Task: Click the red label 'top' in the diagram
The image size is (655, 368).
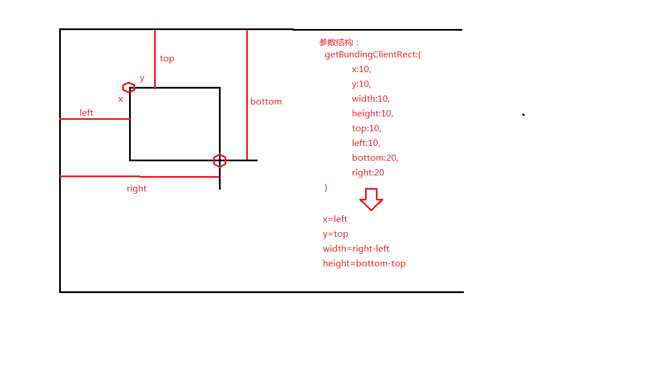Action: click(167, 58)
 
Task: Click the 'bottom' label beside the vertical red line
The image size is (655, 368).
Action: click(266, 102)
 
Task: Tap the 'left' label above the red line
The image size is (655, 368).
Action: click(86, 113)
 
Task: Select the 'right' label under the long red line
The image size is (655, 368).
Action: click(136, 189)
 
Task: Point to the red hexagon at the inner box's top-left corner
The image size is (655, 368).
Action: click(129, 87)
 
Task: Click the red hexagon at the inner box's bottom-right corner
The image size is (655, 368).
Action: click(219, 161)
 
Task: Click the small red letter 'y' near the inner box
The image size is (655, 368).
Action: click(142, 78)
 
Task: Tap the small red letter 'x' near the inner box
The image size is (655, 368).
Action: click(121, 99)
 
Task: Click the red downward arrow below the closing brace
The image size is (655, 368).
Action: click(371, 199)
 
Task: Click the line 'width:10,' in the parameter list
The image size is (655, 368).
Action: click(371, 99)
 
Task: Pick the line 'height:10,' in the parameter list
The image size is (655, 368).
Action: click(372, 114)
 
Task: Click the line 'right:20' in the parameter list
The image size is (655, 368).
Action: click(368, 173)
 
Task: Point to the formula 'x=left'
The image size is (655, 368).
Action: click(335, 219)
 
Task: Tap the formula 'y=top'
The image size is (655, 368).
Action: click(335, 234)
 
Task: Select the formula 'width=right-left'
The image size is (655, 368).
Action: click(356, 249)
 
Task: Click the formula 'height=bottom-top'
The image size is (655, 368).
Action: click(364, 264)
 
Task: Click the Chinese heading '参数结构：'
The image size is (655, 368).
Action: click(339, 43)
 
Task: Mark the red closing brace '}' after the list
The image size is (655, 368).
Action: click(326, 187)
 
